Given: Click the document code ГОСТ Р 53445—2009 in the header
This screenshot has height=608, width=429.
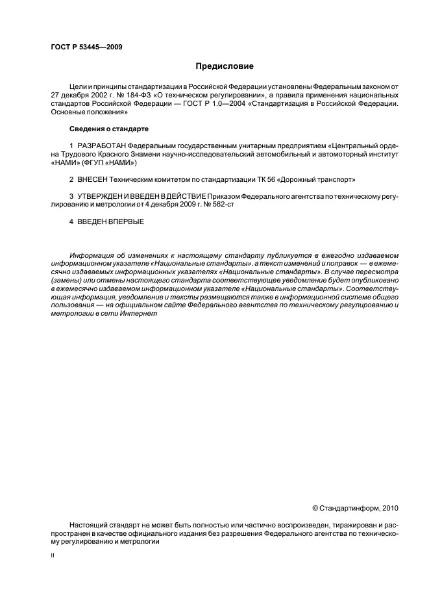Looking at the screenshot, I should (x=86, y=47).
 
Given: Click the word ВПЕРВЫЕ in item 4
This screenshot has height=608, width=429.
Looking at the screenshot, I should (x=125, y=222).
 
